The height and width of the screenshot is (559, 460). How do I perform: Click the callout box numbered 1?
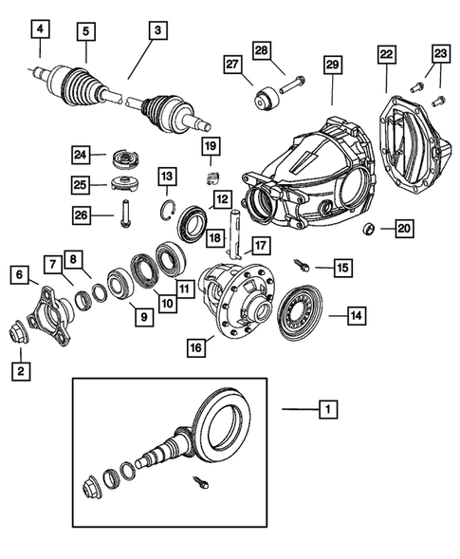(x=327, y=410)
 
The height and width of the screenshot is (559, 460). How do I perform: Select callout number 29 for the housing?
(x=333, y=64)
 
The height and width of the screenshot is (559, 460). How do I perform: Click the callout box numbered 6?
(x=19, y=275)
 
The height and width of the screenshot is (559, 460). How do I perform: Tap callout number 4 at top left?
(x=39, y=29)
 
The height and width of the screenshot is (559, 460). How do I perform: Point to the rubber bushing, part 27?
(x=265, y=96)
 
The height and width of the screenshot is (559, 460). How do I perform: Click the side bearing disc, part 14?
(x=302, y=314)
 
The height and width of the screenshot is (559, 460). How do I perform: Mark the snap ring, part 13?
(x=167, y=212)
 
